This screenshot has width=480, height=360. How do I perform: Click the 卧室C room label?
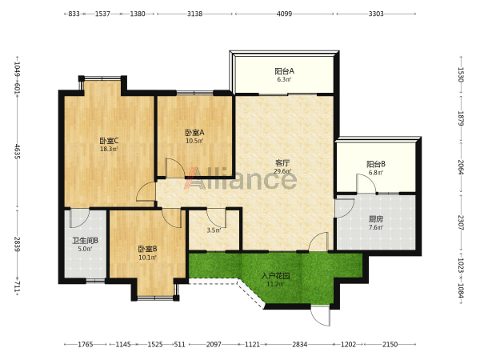click(x=109, y=141)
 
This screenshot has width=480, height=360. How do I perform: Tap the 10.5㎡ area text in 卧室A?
click(x=194, y=141)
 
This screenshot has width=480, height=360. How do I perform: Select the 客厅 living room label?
click(x=282, y=163)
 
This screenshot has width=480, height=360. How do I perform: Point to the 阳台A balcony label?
click(x=284, y=71)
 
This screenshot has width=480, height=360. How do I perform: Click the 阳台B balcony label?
click(x=376, y=164)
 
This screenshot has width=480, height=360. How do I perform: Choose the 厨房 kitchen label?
click(x=376, y=219)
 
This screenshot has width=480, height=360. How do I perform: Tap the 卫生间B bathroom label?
click(x=85, y=241)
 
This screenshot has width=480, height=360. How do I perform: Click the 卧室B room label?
click(x=147, y=249)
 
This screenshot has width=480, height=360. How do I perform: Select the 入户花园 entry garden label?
click(x=275, y=277)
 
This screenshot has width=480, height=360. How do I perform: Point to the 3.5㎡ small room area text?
click(x=214, y=230)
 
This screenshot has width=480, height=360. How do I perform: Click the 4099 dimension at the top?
click(x=284, y=14)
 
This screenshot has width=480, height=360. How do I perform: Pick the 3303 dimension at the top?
click(x=376, y=14)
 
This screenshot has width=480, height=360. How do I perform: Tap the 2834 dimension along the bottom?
click(x=299, y=344)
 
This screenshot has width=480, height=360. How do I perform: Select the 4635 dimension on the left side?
click(x=17, y=151)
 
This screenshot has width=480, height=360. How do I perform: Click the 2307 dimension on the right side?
click(x=461, y=222)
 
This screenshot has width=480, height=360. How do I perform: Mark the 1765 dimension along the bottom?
click(x=85, y=344)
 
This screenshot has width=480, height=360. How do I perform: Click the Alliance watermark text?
click(x=240, y=178)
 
